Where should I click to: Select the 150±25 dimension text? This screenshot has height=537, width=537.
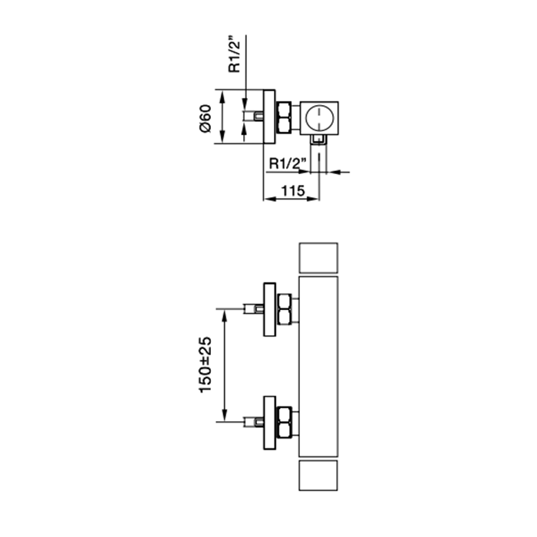(205, 365)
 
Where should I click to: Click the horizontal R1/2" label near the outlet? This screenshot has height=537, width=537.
(288, 164)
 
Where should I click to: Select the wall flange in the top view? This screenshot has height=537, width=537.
(268, 117)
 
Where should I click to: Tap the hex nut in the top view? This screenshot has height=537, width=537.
(285, 117)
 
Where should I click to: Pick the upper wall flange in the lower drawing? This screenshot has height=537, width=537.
(268, 308)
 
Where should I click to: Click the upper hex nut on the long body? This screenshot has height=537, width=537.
(285, 308)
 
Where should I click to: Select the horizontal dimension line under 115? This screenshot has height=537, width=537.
(292, 200)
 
